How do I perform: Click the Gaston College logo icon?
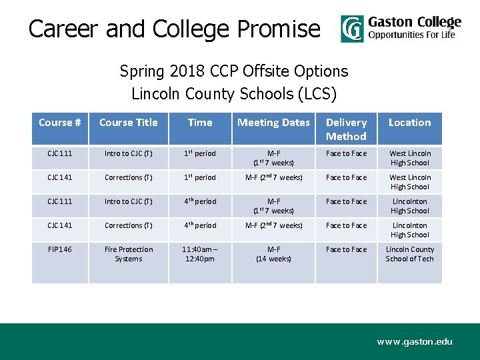click(x=352, y=29)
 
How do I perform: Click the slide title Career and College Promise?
click(x=174, y=29)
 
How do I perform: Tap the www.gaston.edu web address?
click(x=414, y=341)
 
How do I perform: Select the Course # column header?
click(x=60, y=123)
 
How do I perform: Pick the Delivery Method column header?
click(x=346, y=129)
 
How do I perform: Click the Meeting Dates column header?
click(x=273, y=123)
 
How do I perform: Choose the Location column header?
click(x=409, y=123)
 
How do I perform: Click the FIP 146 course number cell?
click(x=60, y=249)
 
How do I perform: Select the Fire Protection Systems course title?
click(x=129, y=254)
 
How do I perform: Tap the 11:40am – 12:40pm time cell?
click(x=200, y=254)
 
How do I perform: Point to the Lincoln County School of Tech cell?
click(x=409, y=254)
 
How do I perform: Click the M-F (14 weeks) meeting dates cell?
click(x=273, y=254)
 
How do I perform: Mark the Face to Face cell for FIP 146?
click(x=346, y=249)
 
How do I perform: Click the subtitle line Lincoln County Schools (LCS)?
click(x=234, y=94)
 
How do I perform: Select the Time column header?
click(x=200, y=123)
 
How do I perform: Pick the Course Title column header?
click(x=129, y=123)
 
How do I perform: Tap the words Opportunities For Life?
click(x=412, y=35)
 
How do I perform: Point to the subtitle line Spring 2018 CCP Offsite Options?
click(x=234, y=71)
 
